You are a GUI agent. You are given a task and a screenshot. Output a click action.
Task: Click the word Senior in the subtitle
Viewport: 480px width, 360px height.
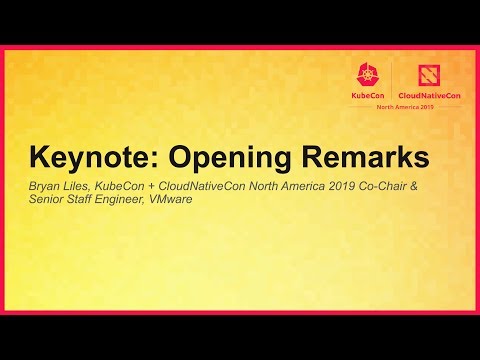[48, 200]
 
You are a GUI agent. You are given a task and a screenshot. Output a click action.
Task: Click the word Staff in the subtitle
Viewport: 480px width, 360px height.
[83, 200]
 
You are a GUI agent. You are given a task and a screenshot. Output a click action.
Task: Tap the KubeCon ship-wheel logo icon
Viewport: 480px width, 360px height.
[364, 73]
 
